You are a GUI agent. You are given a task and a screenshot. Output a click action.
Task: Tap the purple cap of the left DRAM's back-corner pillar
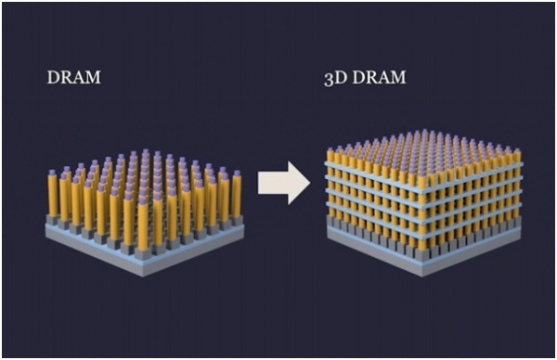coord(146,152)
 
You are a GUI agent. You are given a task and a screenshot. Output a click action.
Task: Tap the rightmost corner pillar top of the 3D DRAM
coord(516,150)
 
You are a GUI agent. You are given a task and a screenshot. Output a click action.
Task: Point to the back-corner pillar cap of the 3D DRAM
coord(423,133)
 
